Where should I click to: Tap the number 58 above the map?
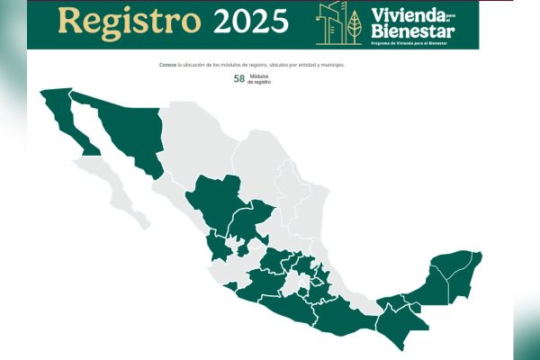[239, 79]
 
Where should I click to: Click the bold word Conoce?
[166, 65]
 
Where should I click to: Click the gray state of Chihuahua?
[193, 144]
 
